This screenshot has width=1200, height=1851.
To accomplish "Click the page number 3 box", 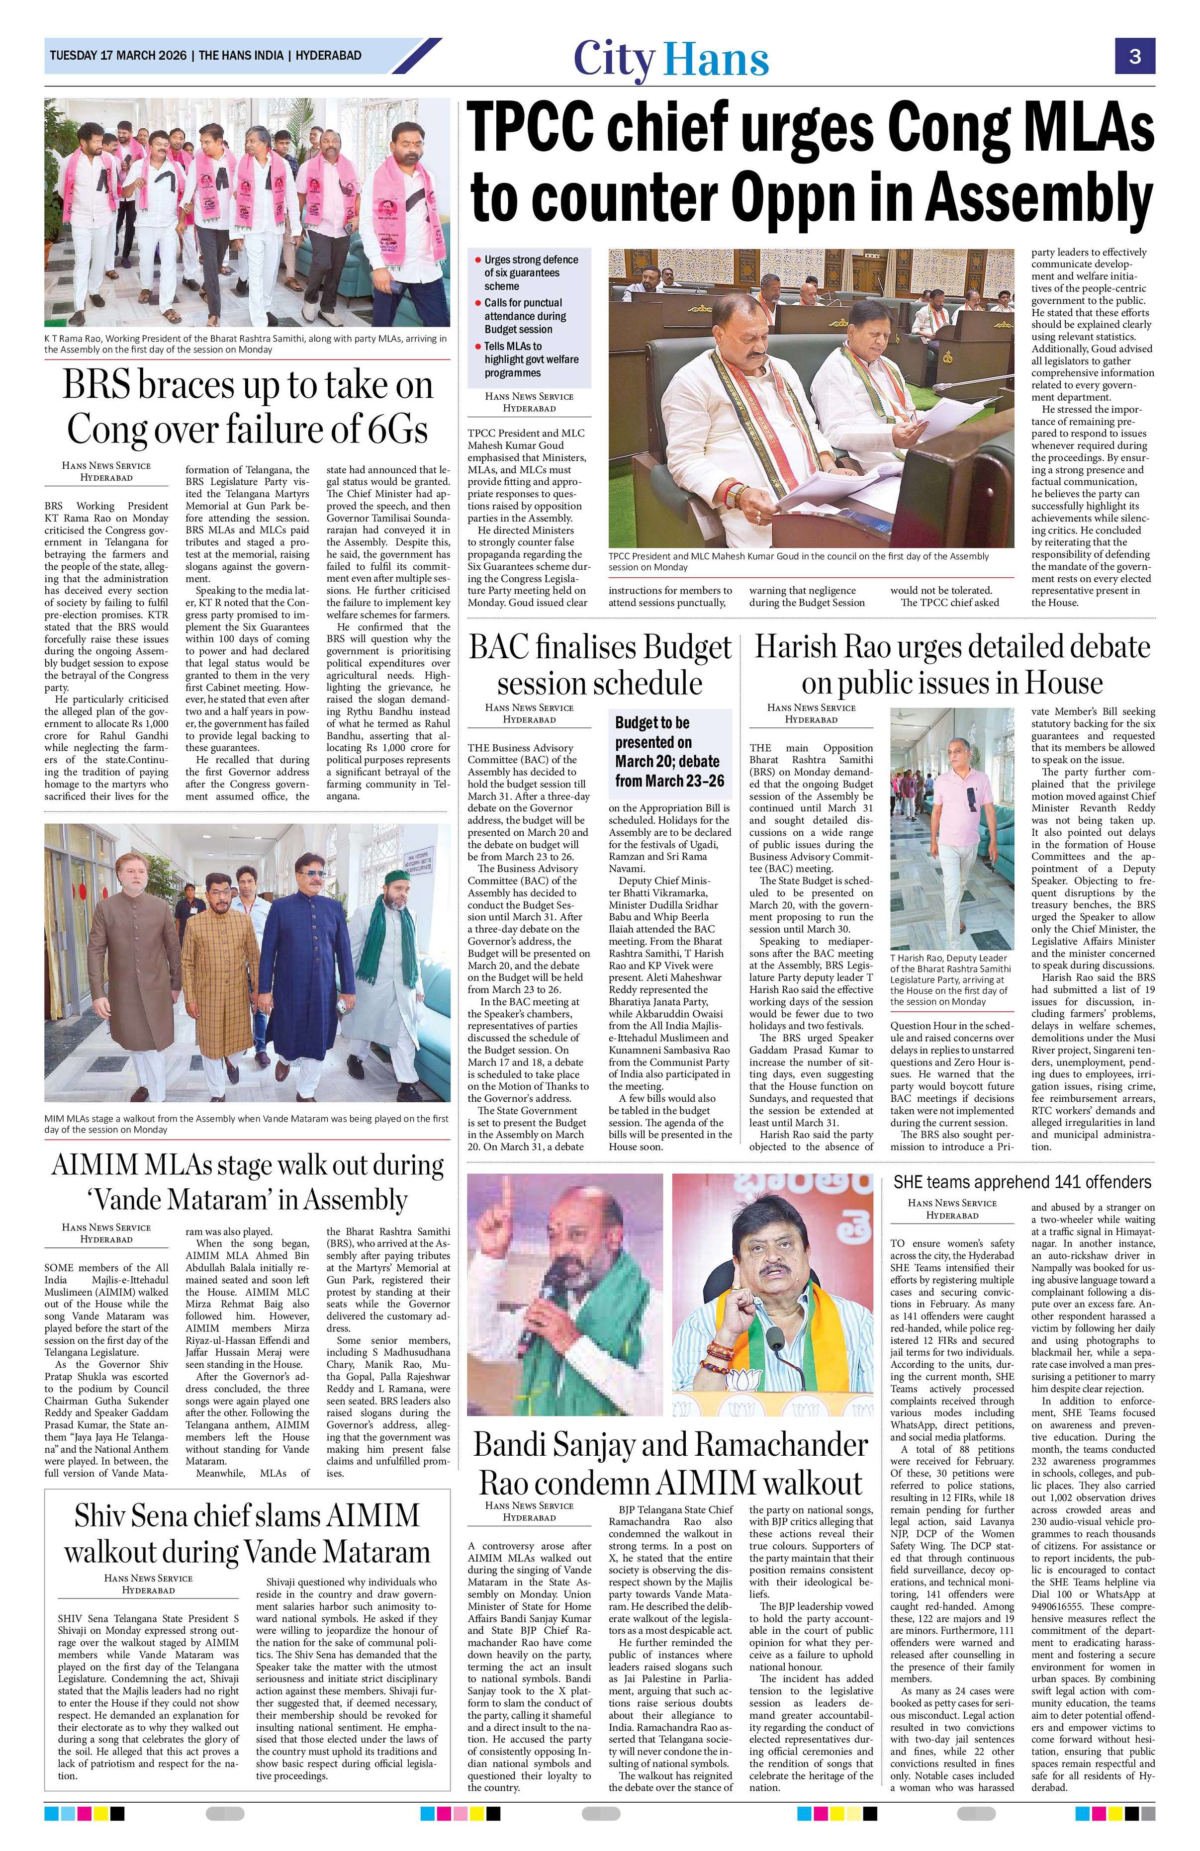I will pos(1135,56).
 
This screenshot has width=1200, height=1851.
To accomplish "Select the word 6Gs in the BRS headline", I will pos(393,427).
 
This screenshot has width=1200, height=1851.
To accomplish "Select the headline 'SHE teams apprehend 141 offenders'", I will pos(1022,1182).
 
